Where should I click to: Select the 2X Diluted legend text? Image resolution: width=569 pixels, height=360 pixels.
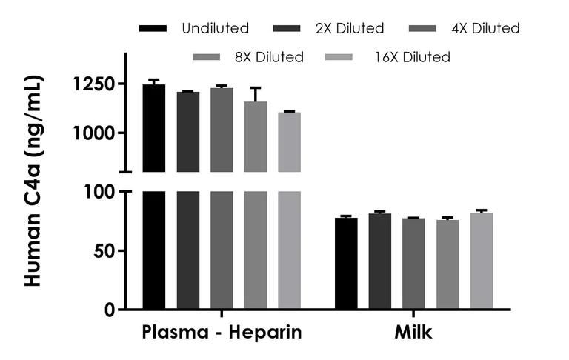click(349, 29)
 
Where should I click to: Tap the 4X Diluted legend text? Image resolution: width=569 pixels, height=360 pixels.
click(485, 29)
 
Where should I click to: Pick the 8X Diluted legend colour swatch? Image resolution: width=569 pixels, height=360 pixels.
click(207, 57)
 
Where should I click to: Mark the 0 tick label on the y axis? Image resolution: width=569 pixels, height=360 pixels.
click(109, 310)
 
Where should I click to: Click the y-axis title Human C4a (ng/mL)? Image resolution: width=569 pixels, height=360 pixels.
click(34, 181)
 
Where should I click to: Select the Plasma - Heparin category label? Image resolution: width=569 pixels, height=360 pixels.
click(222, 333)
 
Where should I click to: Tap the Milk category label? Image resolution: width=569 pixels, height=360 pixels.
click(413, 333)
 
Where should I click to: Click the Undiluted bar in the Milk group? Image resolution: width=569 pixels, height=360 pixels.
click(346, 264)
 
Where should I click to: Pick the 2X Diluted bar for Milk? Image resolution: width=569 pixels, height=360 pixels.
click(380, 261)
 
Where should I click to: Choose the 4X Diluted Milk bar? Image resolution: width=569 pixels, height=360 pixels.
click(413, 264)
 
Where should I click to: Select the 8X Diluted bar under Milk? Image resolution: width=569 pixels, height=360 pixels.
click(447, 264)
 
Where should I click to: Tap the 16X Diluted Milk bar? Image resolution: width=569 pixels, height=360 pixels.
click(482, 261)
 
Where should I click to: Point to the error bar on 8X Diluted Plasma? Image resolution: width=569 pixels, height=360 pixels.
click(256, 94)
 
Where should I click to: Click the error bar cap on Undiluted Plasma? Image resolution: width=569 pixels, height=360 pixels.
click(154, 79)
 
